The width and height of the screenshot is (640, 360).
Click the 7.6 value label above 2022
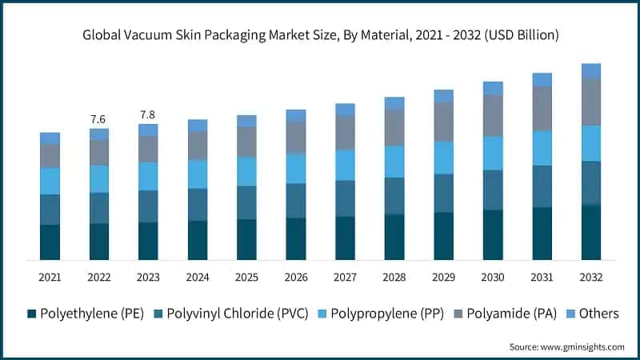[98, 119]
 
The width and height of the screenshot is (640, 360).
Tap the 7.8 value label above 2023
[148, 114]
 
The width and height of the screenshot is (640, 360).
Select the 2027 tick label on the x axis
[345, 277]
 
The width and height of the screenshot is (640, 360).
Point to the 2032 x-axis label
[591, 277]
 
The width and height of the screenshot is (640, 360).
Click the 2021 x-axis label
[50, 277]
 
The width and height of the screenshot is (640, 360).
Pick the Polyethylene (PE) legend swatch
[32, 314]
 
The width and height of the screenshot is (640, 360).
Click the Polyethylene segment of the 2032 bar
[591, 232]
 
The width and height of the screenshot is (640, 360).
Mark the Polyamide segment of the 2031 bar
[542, 108]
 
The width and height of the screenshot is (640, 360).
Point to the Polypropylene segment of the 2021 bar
[50, 181]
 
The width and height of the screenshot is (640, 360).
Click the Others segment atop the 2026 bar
[296, 115]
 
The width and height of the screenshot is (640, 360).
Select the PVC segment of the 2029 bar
[444, 193]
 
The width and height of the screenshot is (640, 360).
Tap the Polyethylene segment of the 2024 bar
[198, 240]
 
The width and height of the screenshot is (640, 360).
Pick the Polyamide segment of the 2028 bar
[394, 126]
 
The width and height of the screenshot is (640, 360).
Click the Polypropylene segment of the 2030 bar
[493, 153]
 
